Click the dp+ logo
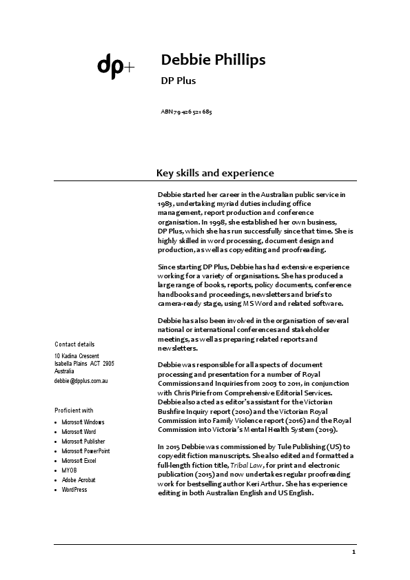coord(115,65)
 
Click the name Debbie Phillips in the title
coord(212,60)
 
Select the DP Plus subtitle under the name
coord(178,81)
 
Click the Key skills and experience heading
coord(215,173)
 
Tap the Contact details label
coord(74,344)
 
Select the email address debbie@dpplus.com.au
coord(81,380)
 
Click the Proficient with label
coord(74,410)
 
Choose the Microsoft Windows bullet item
coord(83,422)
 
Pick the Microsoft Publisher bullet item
coord(83,441)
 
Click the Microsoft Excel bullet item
coord(79,460)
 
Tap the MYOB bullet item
coord(69,470)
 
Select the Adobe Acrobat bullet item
coord(79,479)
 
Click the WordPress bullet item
coord(74,489)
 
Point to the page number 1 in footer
coord(353,552)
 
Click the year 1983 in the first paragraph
coord(165,205)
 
